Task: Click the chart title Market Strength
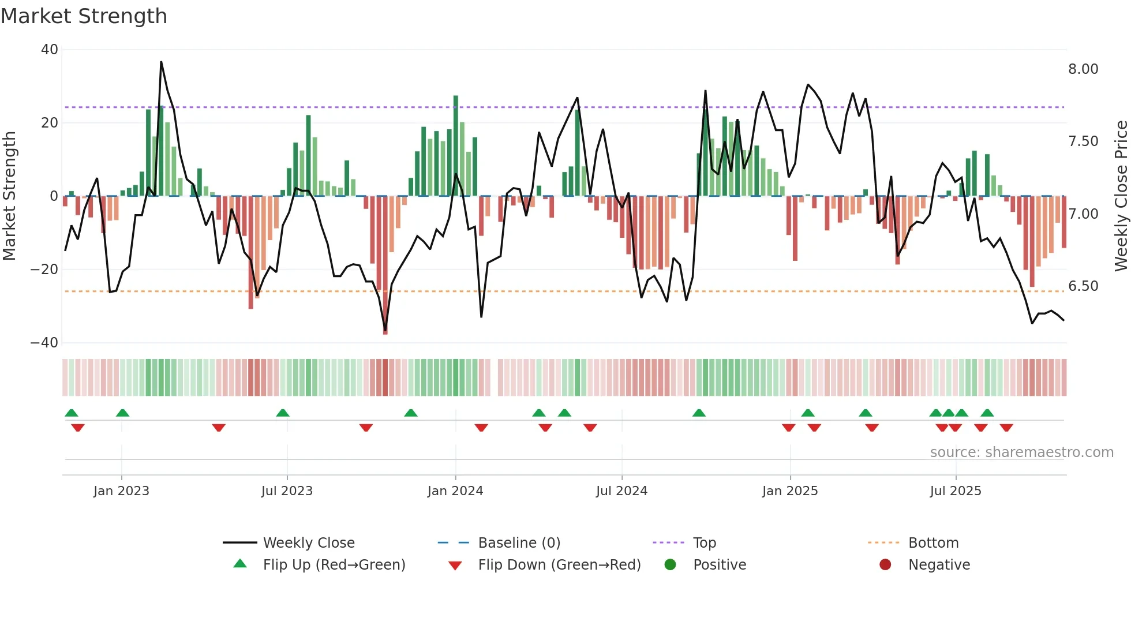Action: pyautogui.click(x=84, y=16)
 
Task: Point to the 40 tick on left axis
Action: pyautogui.click(x=50, y=50)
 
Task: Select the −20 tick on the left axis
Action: pyautogui.click(x=44, y=270)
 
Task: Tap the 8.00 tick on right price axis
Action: pyautogui.click(x=1083, y=69)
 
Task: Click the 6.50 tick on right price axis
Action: pyautogui.click(x=1083, y=286)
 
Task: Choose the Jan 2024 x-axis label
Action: pyautogui.click(x=455, y=491)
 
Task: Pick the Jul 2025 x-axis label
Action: pyautogui.click(x=955, y=491)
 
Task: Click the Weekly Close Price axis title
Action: pyautogui.click(x=1121, y=196)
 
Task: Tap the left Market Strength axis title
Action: pyautogui.click(x=10, y=196)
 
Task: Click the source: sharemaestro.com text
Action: pyautogui.click(x=1021, y=452)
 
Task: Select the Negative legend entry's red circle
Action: pyautogui.click(x=885, y=564)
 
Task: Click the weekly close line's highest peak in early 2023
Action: pyautogui.click(x=161, y=62)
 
